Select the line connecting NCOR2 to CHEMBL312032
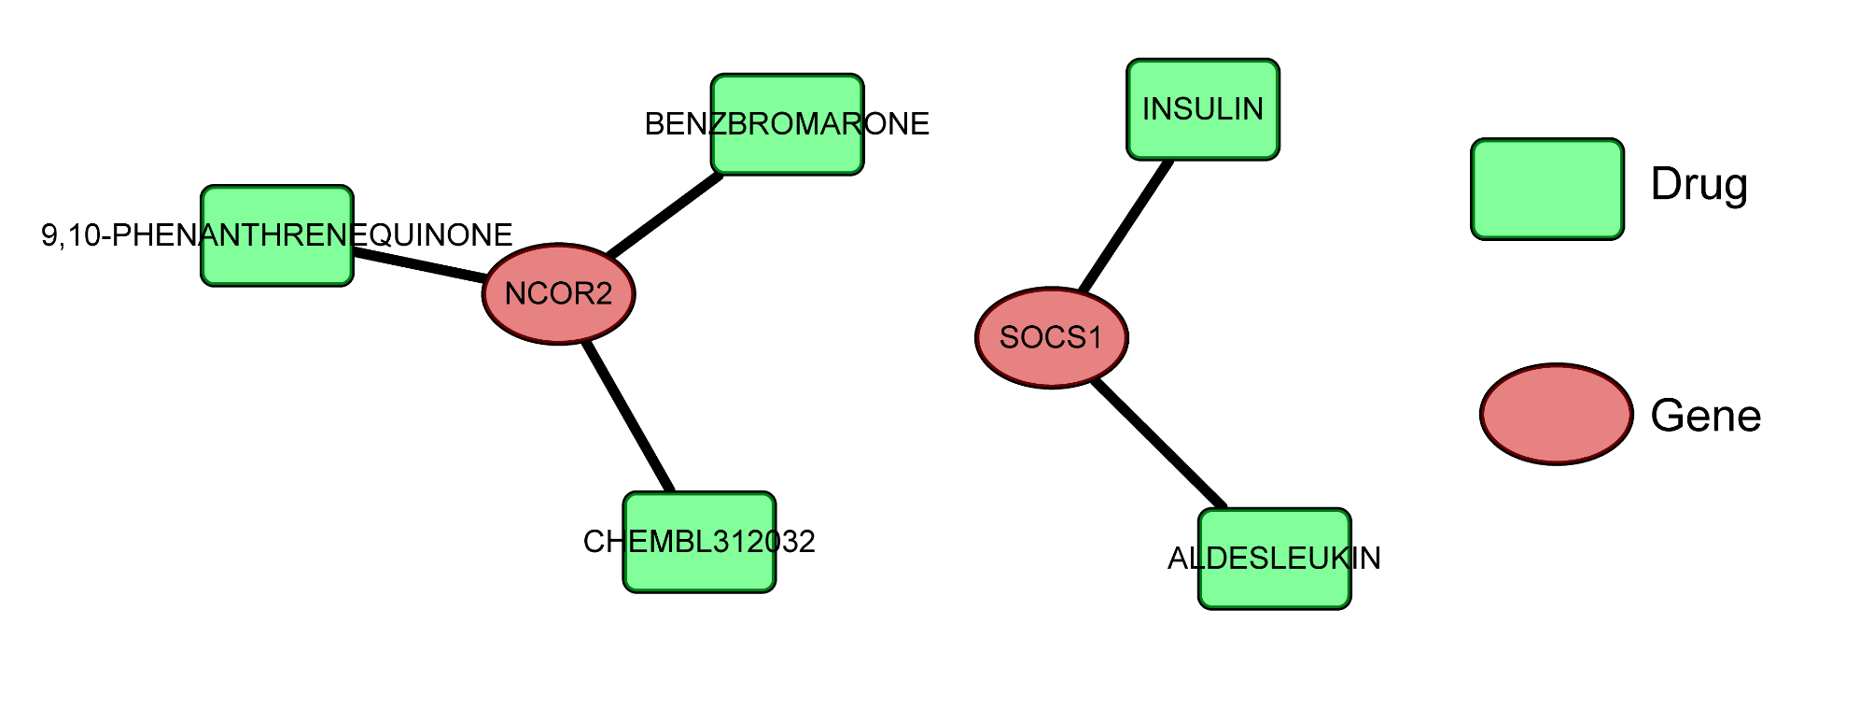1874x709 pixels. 628,418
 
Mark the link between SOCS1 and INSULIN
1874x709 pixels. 1126,225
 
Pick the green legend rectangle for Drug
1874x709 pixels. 1546,190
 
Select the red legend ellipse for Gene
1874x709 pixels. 1556,414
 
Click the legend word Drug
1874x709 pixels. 1699,184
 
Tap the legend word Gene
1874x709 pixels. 1705,416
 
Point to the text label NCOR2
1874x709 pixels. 558,294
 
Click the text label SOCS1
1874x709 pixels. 1051,337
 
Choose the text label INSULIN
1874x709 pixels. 1202,109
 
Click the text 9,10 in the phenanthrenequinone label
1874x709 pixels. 70,235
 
